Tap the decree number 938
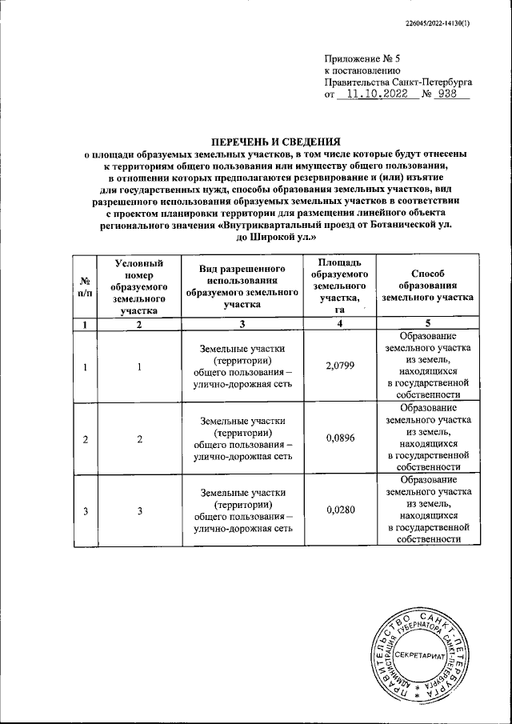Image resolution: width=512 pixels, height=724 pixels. click(452, 94)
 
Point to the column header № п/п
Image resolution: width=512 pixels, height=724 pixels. click(85, 287)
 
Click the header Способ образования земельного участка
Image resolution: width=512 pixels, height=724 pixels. click(428, 286)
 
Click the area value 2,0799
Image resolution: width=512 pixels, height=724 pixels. click(339, 366)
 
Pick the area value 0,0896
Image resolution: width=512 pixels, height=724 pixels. click(339, 438)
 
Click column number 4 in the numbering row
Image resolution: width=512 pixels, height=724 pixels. click(339, 324)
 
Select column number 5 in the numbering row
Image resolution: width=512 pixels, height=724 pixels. click(428, 324)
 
